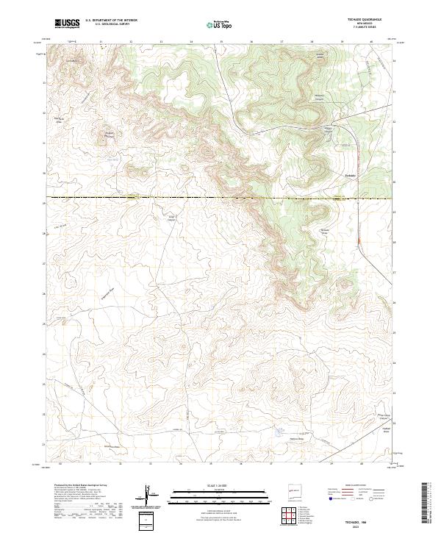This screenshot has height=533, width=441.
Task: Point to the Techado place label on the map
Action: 351,175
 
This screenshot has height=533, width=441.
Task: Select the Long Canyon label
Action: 172,217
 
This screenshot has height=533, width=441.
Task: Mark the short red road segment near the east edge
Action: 358,240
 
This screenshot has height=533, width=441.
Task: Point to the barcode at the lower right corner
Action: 426,504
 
